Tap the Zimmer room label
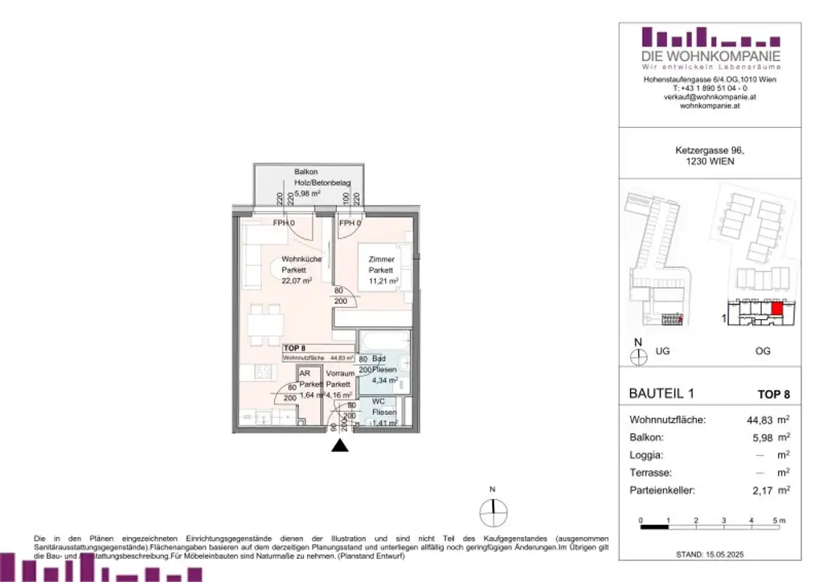tap(382, 260)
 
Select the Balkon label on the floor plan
tap(284, 172)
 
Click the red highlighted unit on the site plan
tap(776, 307)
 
